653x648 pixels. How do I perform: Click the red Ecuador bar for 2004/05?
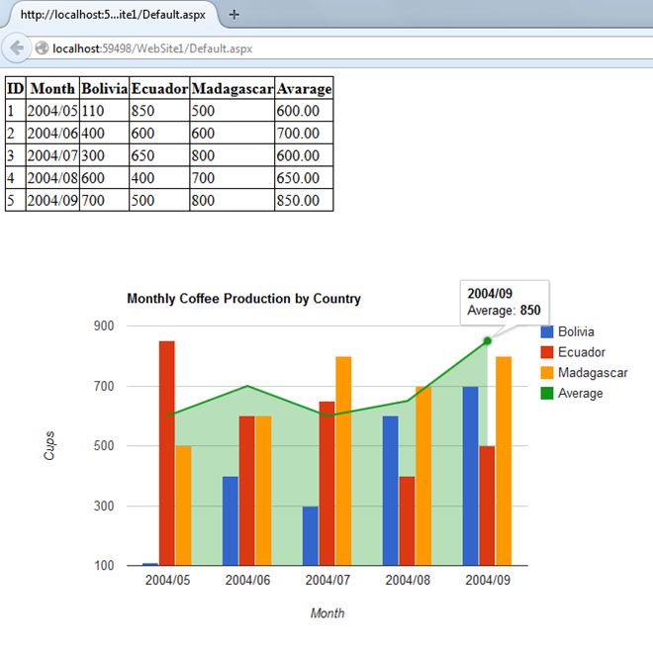coord(166,453)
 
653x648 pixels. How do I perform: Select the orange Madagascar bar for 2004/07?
coord(343,461)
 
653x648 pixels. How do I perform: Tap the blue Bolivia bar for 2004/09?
coord(471,476)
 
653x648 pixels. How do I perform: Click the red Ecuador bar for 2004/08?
coord(407,520)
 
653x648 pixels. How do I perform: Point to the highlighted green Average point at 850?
coord(487,341)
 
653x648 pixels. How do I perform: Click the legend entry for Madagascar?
coord(592,373)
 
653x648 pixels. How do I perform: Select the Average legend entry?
coord(580,394)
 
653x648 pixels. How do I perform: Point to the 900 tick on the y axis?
coord(105,326)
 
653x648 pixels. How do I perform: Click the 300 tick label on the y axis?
coord(105,507)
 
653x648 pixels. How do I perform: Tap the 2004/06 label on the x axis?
coord(247,580)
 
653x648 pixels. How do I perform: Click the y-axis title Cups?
coord(49,446)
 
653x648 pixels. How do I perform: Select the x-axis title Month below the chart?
coord(327,613)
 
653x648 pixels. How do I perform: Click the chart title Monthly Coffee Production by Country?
coord(243,299)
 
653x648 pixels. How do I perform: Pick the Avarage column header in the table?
coord(304,88)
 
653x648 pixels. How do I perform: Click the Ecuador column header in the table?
coord(159,88)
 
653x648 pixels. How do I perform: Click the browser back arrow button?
coord(17,46)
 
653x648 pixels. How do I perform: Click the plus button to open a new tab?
coord(233,15)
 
